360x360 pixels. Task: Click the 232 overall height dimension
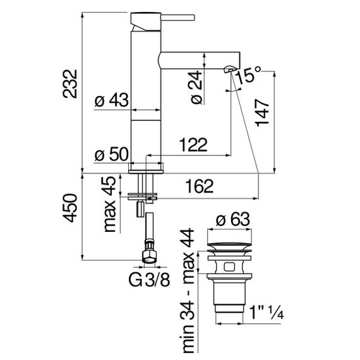(x=70, y=84)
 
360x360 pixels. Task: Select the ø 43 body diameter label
(x=112, y=100)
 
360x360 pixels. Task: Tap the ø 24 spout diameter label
(x=196, y=88)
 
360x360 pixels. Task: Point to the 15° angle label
(x=248, y=75)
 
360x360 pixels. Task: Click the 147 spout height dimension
(x=263, y=112)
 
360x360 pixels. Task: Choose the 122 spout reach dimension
(x=193, y=145)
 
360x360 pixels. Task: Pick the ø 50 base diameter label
(x=111, y=154)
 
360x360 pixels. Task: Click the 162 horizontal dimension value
(x=200, y=186)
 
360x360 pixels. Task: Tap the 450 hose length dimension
(x=70, y=208)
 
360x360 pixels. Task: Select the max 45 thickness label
(x=110, y=204)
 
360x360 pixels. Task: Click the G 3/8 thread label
(x=149, y=280)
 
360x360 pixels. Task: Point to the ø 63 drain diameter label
(x=232, y=219)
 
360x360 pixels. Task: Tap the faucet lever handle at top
(x=177, y=18)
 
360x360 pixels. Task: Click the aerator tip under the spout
(x=229, y=69)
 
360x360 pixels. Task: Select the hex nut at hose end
(x=149, y=256)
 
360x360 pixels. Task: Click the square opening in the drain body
(x=229, y=267)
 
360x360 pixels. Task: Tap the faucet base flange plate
(x=146, y=172)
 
